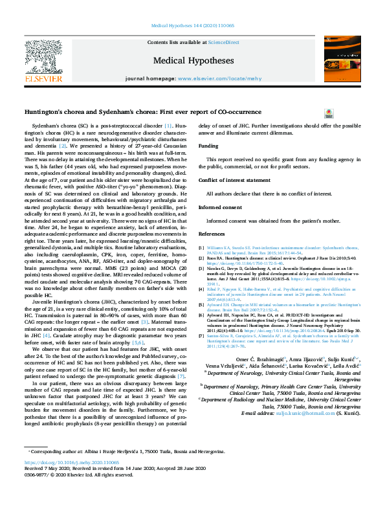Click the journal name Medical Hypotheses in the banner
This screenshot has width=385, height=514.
point(192,61)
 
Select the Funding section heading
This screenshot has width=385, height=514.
point(208,146)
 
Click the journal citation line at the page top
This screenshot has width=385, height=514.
point(192,24)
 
